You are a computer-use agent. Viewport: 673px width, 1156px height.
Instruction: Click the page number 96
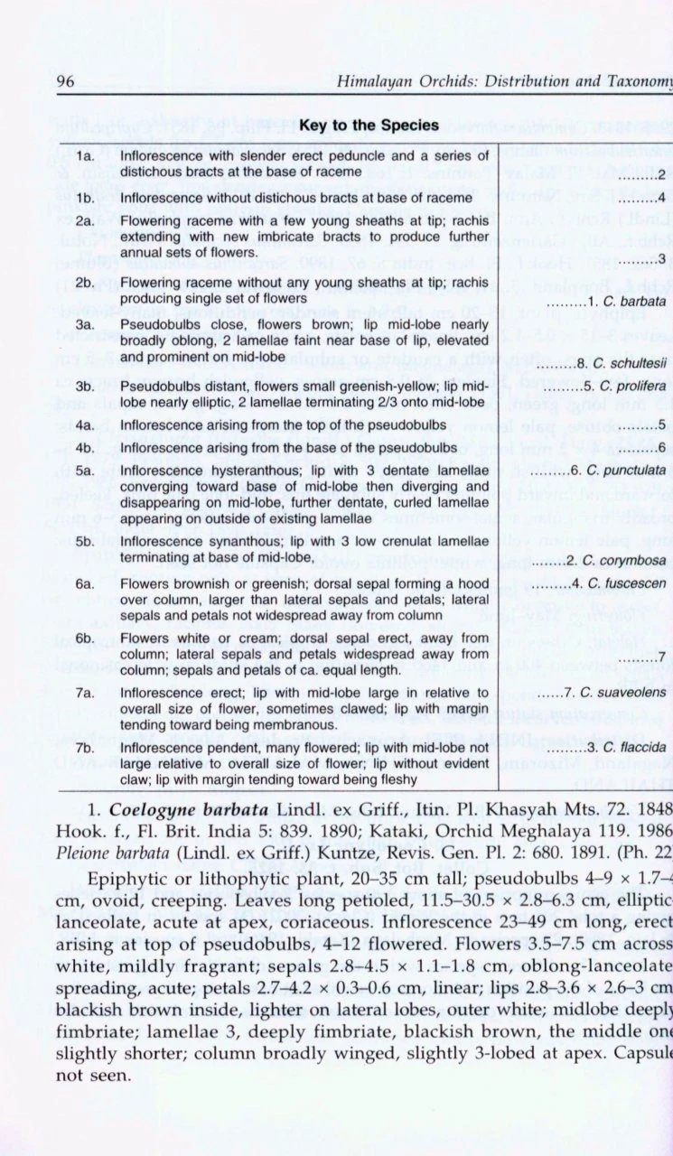point(65,82)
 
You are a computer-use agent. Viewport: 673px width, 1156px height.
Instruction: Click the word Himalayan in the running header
point(373,82)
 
